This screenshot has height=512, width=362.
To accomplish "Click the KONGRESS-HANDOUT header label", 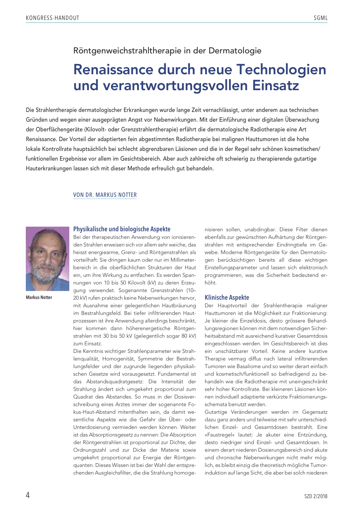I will pos(53,18).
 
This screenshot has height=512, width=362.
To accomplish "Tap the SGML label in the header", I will pos(320,18).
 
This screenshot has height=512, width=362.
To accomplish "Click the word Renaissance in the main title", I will pos(113,69).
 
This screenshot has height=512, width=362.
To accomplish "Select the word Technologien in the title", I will pos(281,69).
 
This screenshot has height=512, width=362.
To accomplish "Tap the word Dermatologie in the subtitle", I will pos(235,51).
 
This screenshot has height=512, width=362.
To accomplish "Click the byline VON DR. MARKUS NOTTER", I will pos(105,195).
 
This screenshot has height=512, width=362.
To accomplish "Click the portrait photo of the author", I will pos(47,258).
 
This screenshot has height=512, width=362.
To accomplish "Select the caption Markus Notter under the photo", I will pos(39,297).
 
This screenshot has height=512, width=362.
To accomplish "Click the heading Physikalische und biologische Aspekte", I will pos(122,229).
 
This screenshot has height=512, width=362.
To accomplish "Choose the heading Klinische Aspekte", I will pos(227,297).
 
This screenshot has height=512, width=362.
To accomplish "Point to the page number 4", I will pos(28,495).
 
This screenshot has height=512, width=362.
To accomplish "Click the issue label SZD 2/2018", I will pos(316,496).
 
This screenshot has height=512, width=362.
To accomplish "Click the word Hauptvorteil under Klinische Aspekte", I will pos(232,306).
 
